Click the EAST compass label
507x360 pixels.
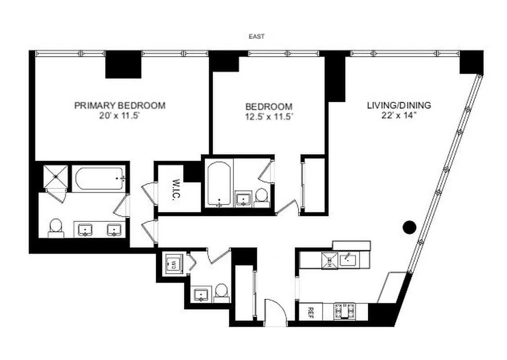(256, 36)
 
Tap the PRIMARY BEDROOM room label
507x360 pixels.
(120, 106)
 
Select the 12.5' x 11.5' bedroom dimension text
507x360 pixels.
(268, 117)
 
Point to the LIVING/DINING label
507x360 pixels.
(399, 106)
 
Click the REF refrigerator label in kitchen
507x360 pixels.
(310, 312)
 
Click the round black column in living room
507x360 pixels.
(409, 228)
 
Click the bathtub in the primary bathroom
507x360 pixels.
(99, 179)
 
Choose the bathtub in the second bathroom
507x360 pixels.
(219, 184)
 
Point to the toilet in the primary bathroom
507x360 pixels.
(56, 227)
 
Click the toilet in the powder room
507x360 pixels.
(221, 292)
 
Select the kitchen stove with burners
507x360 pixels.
(344, 311)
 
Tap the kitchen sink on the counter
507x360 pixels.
(347, 259)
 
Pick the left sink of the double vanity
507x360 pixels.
(85, 230)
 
